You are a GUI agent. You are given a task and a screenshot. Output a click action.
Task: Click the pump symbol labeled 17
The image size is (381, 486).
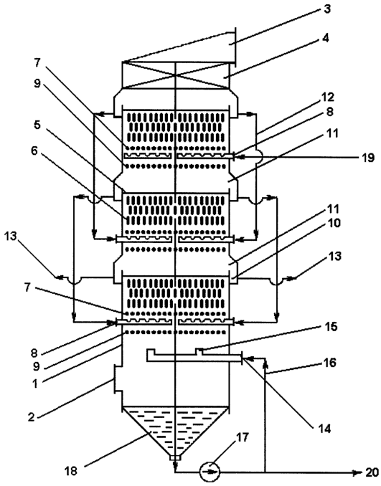coord(210,472)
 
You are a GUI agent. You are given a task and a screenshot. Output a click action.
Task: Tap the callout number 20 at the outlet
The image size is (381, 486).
coord(372,472)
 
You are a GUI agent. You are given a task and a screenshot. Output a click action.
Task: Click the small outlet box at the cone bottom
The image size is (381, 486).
coord(175,458)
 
